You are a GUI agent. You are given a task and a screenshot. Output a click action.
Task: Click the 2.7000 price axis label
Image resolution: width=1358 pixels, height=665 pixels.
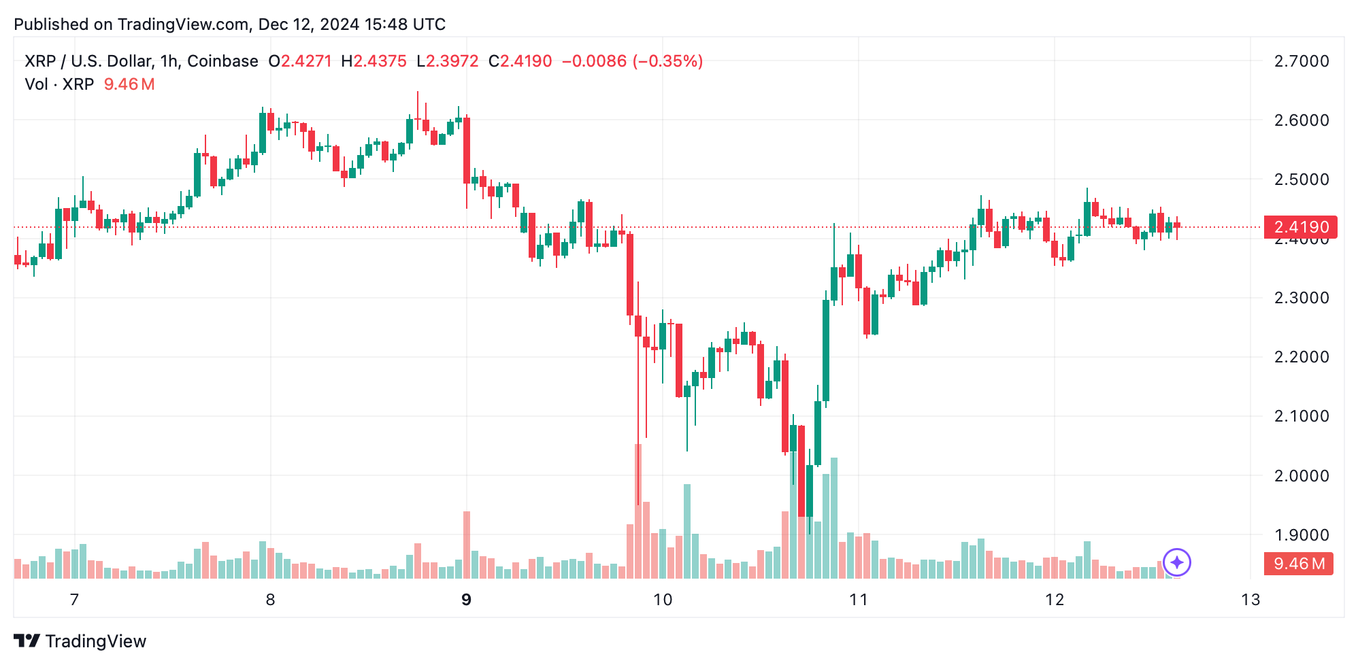click(x=1301, y=61)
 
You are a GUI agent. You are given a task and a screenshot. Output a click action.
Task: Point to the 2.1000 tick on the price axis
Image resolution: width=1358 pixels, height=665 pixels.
click(x=1301, y=416)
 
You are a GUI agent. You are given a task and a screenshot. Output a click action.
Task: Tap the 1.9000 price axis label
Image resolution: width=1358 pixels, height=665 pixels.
click(x=1301, y=535)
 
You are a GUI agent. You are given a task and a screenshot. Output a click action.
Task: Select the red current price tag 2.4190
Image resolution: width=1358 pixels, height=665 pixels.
click(x=1300, y=227)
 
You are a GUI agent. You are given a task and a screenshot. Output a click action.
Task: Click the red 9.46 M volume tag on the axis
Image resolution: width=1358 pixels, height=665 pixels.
click(x=1298, y=564)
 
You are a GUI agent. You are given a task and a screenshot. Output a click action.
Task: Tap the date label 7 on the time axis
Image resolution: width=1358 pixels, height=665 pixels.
click(x=75, y=600)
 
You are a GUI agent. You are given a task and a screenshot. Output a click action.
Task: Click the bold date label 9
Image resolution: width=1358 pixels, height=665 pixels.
click(x=466, y=600)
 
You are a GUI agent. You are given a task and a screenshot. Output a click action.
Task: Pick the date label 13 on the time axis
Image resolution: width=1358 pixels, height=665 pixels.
click(x=1251, y=600)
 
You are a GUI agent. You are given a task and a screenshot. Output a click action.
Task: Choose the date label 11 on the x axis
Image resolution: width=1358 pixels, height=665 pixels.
click(x=859, y=600)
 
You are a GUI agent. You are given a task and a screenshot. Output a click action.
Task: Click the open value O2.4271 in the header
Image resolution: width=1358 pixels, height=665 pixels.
click(x=300, y=61)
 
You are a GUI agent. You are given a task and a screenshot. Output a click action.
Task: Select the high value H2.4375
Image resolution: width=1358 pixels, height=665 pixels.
click(x=374, y=61)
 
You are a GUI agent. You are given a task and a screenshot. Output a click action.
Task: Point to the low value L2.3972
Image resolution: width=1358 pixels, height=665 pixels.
click(x=448, y=61)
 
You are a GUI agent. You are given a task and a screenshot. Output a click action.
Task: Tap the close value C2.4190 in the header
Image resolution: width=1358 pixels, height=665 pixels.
click(x=520, y=61)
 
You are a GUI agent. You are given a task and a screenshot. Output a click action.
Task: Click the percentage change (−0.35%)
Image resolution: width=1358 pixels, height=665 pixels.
click(x=667, y=61)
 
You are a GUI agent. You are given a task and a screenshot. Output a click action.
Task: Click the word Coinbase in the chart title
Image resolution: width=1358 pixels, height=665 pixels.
click(x=222, y=61)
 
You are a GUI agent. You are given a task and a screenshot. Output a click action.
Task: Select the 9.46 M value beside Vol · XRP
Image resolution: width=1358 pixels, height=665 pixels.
click(x=129, y=84)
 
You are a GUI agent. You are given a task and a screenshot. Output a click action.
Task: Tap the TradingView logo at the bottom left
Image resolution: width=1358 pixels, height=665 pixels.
click(x=80, y=641)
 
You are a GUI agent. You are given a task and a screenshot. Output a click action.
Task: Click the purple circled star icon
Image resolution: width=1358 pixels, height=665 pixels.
click(x=1177, y=562)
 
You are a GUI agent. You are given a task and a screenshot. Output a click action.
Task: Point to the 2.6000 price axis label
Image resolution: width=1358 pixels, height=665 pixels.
click(x=1301, y=120)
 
